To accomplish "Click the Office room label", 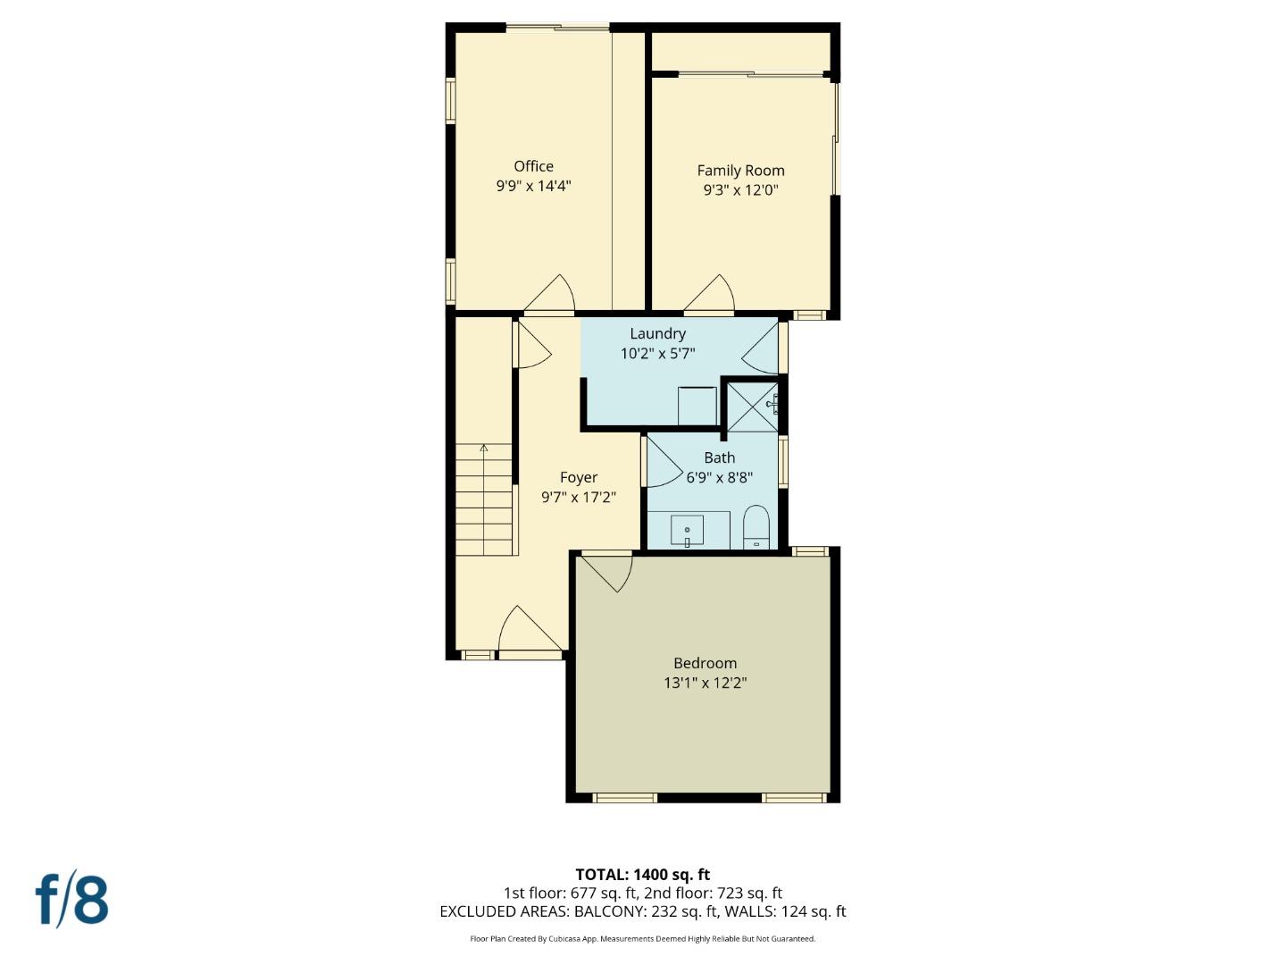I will point(533,166).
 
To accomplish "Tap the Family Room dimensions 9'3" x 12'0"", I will point(740,189).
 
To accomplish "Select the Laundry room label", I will point(657,333).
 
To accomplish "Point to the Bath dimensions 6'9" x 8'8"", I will point(719,477).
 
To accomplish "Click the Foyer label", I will point(579,477).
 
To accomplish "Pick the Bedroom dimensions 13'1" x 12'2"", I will point(705,683).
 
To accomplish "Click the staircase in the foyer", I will point(485,499).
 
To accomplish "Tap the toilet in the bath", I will point(756,528).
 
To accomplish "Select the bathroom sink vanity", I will point(688,530).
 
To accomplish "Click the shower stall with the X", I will point(751,407).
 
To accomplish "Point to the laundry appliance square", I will point(697,406).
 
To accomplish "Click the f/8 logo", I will point(72,900).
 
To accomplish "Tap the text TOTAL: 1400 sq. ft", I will point(642,874).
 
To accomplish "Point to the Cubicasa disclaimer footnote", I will point(642,939).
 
